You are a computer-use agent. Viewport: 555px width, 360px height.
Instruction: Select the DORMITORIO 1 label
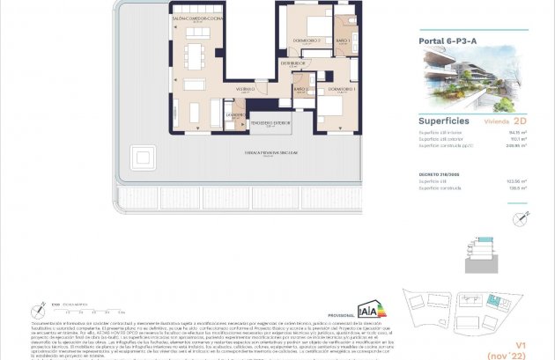(x=329, y=90)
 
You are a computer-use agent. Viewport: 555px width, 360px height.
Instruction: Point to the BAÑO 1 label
(x=343, y=40)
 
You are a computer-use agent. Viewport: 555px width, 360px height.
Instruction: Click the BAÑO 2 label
(x=300, y=89)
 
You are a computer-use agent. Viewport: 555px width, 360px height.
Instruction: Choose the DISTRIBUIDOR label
(x=292, y=63)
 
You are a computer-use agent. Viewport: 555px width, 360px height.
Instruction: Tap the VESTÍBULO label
(x=245, y=89)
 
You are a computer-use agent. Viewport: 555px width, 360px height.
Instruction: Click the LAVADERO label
(x=235, y=115)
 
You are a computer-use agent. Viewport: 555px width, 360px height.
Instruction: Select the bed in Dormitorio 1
(x=330, y=110)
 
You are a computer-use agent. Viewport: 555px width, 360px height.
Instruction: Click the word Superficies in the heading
(x=443, y=121)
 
